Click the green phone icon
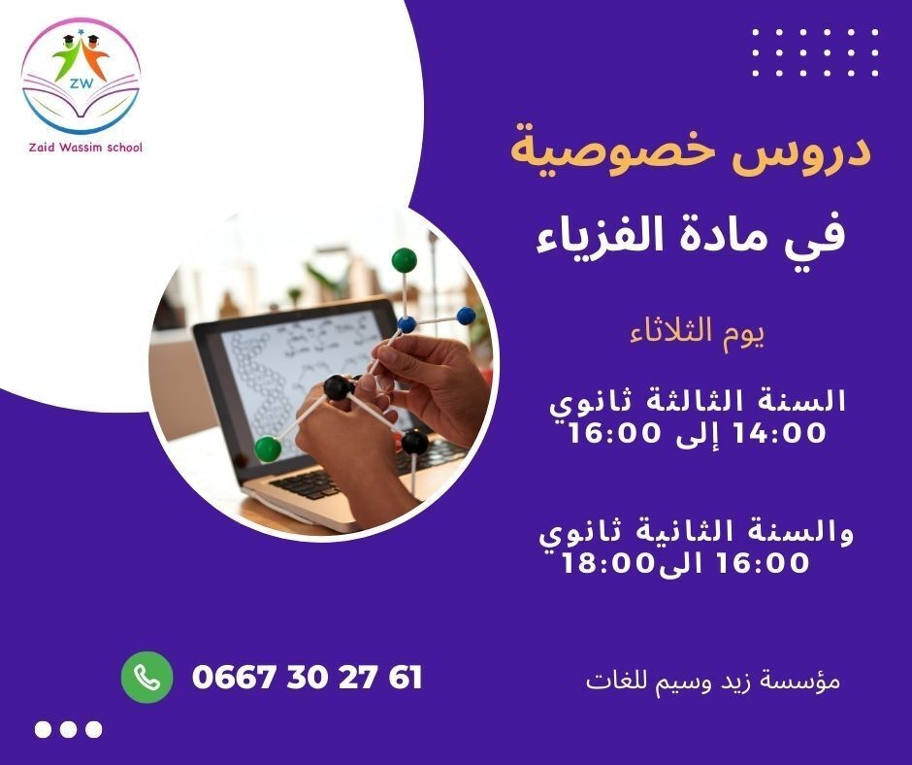(x=147, y=676)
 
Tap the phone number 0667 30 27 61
(x=308, y=677)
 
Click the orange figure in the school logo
(x=94, y=60)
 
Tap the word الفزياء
(x=606, y=237)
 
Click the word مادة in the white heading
(x=744, y=237)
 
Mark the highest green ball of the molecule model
(x=404, y=259)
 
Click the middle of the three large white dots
(x=69, y=729)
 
